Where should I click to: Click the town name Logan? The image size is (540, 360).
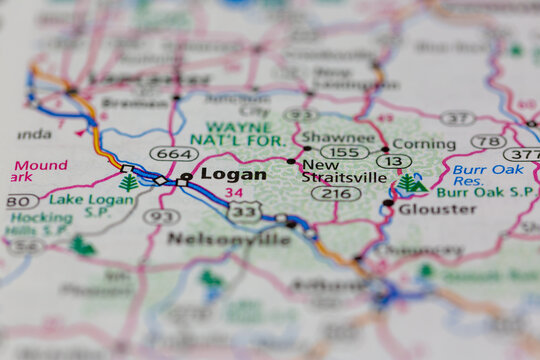pyautogui.click(x=233, y=174)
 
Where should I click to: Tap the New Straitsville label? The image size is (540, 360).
pyautogui.click(x=343, y=171)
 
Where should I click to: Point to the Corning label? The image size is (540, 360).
pyautogui.click(x=423, y=144)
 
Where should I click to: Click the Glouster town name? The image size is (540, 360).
pyautogui.click(x=437, y=209)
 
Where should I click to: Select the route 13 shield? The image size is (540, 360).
pyautogui.click(x=395, y=162)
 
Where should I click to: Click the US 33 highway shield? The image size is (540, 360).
pyautogui.click(x=244, y=211)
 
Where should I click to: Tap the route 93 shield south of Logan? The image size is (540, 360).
pyautogui.click(x=161, y=216)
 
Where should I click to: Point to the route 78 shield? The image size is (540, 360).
pyautogui.click(x=488, y=141)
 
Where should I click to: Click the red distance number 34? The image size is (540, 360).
pyautogui.click(x=234, y=192)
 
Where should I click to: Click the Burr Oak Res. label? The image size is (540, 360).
pyautogui.click(x=487, y=177)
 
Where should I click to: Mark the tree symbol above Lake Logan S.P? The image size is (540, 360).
pyautogui.click(x=128, y=183)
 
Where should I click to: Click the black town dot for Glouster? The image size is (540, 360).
pyautogui.click(x=388, y=203)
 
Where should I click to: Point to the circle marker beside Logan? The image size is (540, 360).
pyautogui.click(x=186, y=177)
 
